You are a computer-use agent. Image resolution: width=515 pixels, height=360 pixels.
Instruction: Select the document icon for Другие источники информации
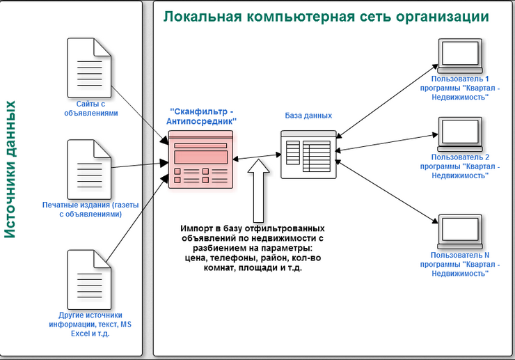coord(88,278)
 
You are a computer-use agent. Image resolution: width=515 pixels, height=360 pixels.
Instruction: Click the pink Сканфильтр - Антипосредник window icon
coord(200,159)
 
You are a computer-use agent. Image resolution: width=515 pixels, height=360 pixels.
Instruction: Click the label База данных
coord(309,116)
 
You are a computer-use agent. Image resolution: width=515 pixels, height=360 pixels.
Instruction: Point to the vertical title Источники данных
coord(11,169)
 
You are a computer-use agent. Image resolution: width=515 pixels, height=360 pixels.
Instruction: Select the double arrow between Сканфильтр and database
coord(255,157)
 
